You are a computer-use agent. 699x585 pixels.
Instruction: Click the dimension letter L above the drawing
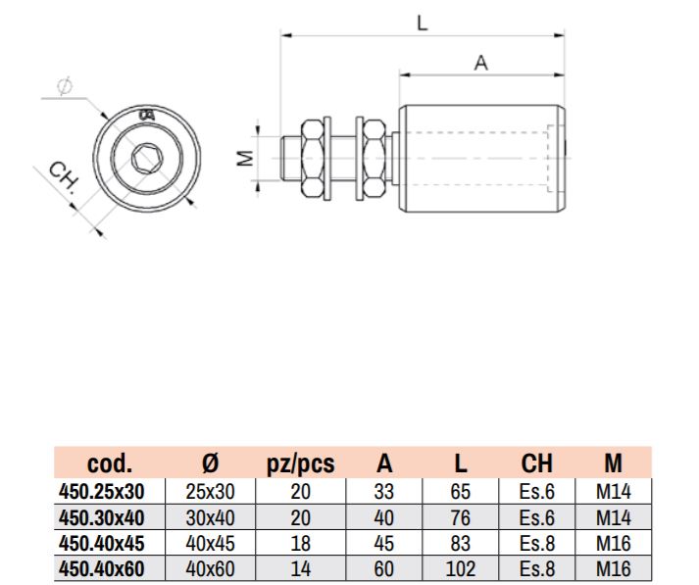(422, 23)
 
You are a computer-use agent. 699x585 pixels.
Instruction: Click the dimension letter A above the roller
(481, 63)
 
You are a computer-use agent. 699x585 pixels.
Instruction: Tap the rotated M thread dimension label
(245, 158)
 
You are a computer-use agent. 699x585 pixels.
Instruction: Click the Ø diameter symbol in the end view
(65, 86)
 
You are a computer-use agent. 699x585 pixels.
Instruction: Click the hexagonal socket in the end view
(146, 158)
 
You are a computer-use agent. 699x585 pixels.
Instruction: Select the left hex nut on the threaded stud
(312, 159)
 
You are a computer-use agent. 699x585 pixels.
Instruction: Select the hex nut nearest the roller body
(374, 159)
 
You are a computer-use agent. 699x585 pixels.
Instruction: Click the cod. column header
(110, 463)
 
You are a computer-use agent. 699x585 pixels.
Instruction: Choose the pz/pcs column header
(300, 463)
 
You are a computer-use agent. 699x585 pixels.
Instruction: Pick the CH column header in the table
(536, 463)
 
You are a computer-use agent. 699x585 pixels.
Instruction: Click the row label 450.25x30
(102, 492)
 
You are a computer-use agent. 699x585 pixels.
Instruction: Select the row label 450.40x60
(102, 569)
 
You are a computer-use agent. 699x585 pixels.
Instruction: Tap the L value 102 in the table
(461, 569)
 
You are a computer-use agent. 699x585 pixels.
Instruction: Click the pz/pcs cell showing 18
(300, 544)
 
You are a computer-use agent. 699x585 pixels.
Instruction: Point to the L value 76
(461, 517)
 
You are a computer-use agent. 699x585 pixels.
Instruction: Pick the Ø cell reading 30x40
(211, 517)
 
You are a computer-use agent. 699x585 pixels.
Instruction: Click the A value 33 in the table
(384, 492)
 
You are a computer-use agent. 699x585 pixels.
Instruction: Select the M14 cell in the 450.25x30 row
(614, 492)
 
